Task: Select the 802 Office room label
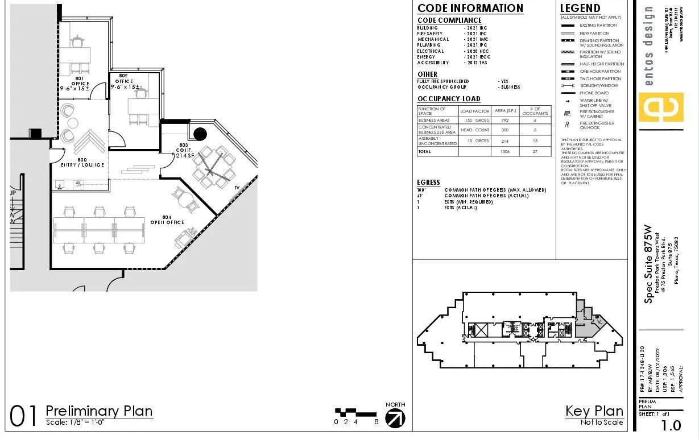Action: (x=124, y=81)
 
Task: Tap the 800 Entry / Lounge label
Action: (x=83, y=163)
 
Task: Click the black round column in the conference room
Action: (x=200, y=134)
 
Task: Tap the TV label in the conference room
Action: (x=237, y=187)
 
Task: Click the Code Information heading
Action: (x=470, y=9)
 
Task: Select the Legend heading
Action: (x=580, y=9)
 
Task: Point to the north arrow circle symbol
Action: (x=395, y=418)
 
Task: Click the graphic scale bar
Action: (x=355, y=412)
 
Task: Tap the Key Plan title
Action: (x=594, y=411)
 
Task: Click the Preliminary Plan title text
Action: (x=99, y=411)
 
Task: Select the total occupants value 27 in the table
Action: (x=535, y=152)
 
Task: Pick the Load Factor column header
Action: (x=474, y=111)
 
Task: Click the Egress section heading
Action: (x=428, y=183)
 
